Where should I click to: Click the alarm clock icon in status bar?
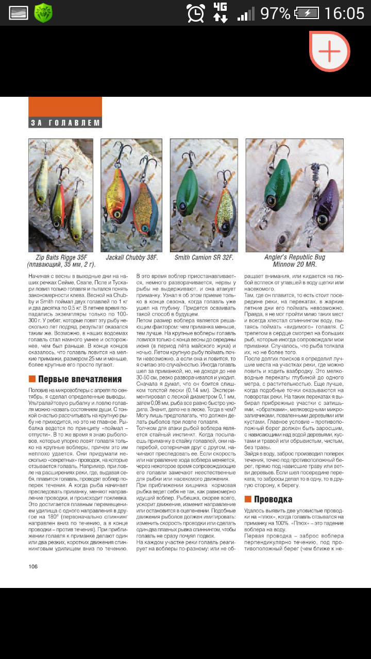click(196, 13)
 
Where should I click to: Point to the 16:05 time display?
click(344, 13)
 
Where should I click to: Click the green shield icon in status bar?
click(43, 13)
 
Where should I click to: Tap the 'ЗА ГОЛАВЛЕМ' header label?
click(65, 123)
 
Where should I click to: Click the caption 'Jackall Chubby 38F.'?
click(132, 257)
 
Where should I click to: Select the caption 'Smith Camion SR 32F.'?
click(204, 257)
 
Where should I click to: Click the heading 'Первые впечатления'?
click(80, 379)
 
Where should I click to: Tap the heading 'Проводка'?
click(273, 499)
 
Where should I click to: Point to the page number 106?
click(33, 566)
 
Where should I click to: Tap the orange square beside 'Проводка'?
click(247, 499)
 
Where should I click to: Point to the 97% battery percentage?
click(276, 13)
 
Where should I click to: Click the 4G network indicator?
click(221, 12)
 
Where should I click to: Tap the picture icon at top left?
click(18, 13)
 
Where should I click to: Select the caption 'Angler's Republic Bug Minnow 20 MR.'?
click(295, 261)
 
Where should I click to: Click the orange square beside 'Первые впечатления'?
click(32, 379)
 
